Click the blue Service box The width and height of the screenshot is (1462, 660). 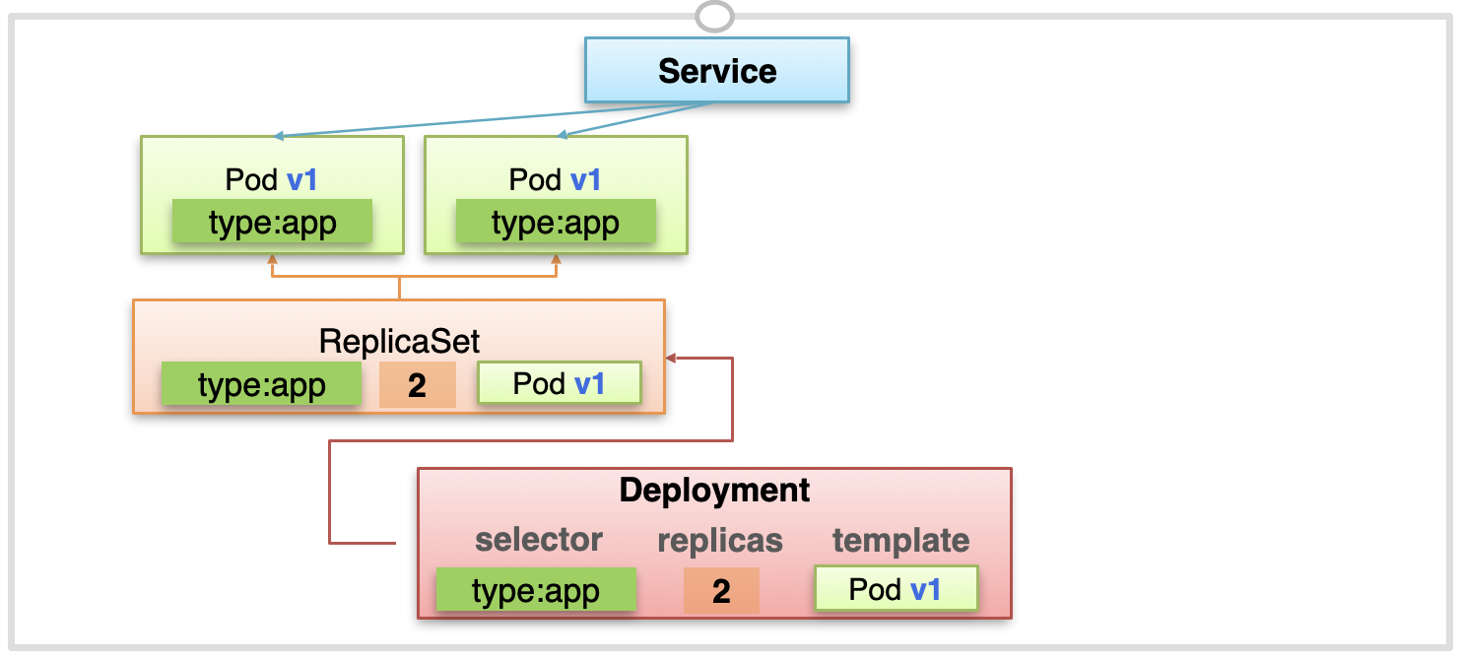click(716, 70)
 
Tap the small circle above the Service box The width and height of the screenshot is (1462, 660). click(714, 16)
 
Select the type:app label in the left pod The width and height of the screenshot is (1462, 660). click(272, 222)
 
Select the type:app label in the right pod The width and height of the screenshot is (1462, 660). click(556, 222)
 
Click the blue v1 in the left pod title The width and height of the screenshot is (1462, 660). click(301, 179)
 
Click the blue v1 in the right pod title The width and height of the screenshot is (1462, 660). click(585, 179)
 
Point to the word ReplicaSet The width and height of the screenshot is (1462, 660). click(399, 341)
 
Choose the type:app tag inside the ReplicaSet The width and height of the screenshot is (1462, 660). click(261, 384)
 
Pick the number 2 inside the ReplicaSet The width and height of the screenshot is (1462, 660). click(417, 384)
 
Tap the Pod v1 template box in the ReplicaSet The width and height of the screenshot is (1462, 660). click(560, 382)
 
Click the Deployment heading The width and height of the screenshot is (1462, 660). click(714, 490)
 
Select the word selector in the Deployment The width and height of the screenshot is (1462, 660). click(539, 539)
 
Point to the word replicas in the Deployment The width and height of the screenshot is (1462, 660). click(720, 541)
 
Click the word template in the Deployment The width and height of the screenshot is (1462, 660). click(900, 541)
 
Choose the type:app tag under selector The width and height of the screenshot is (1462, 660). click(536, 589)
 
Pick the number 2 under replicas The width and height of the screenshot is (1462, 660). click(721, 591)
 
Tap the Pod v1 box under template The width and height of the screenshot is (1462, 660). click(897, 589)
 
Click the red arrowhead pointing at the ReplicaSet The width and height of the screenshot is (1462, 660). click(670, 358)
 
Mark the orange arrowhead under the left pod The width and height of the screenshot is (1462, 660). click(272, 259)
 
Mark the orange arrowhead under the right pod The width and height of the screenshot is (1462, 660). click(556, 259)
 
